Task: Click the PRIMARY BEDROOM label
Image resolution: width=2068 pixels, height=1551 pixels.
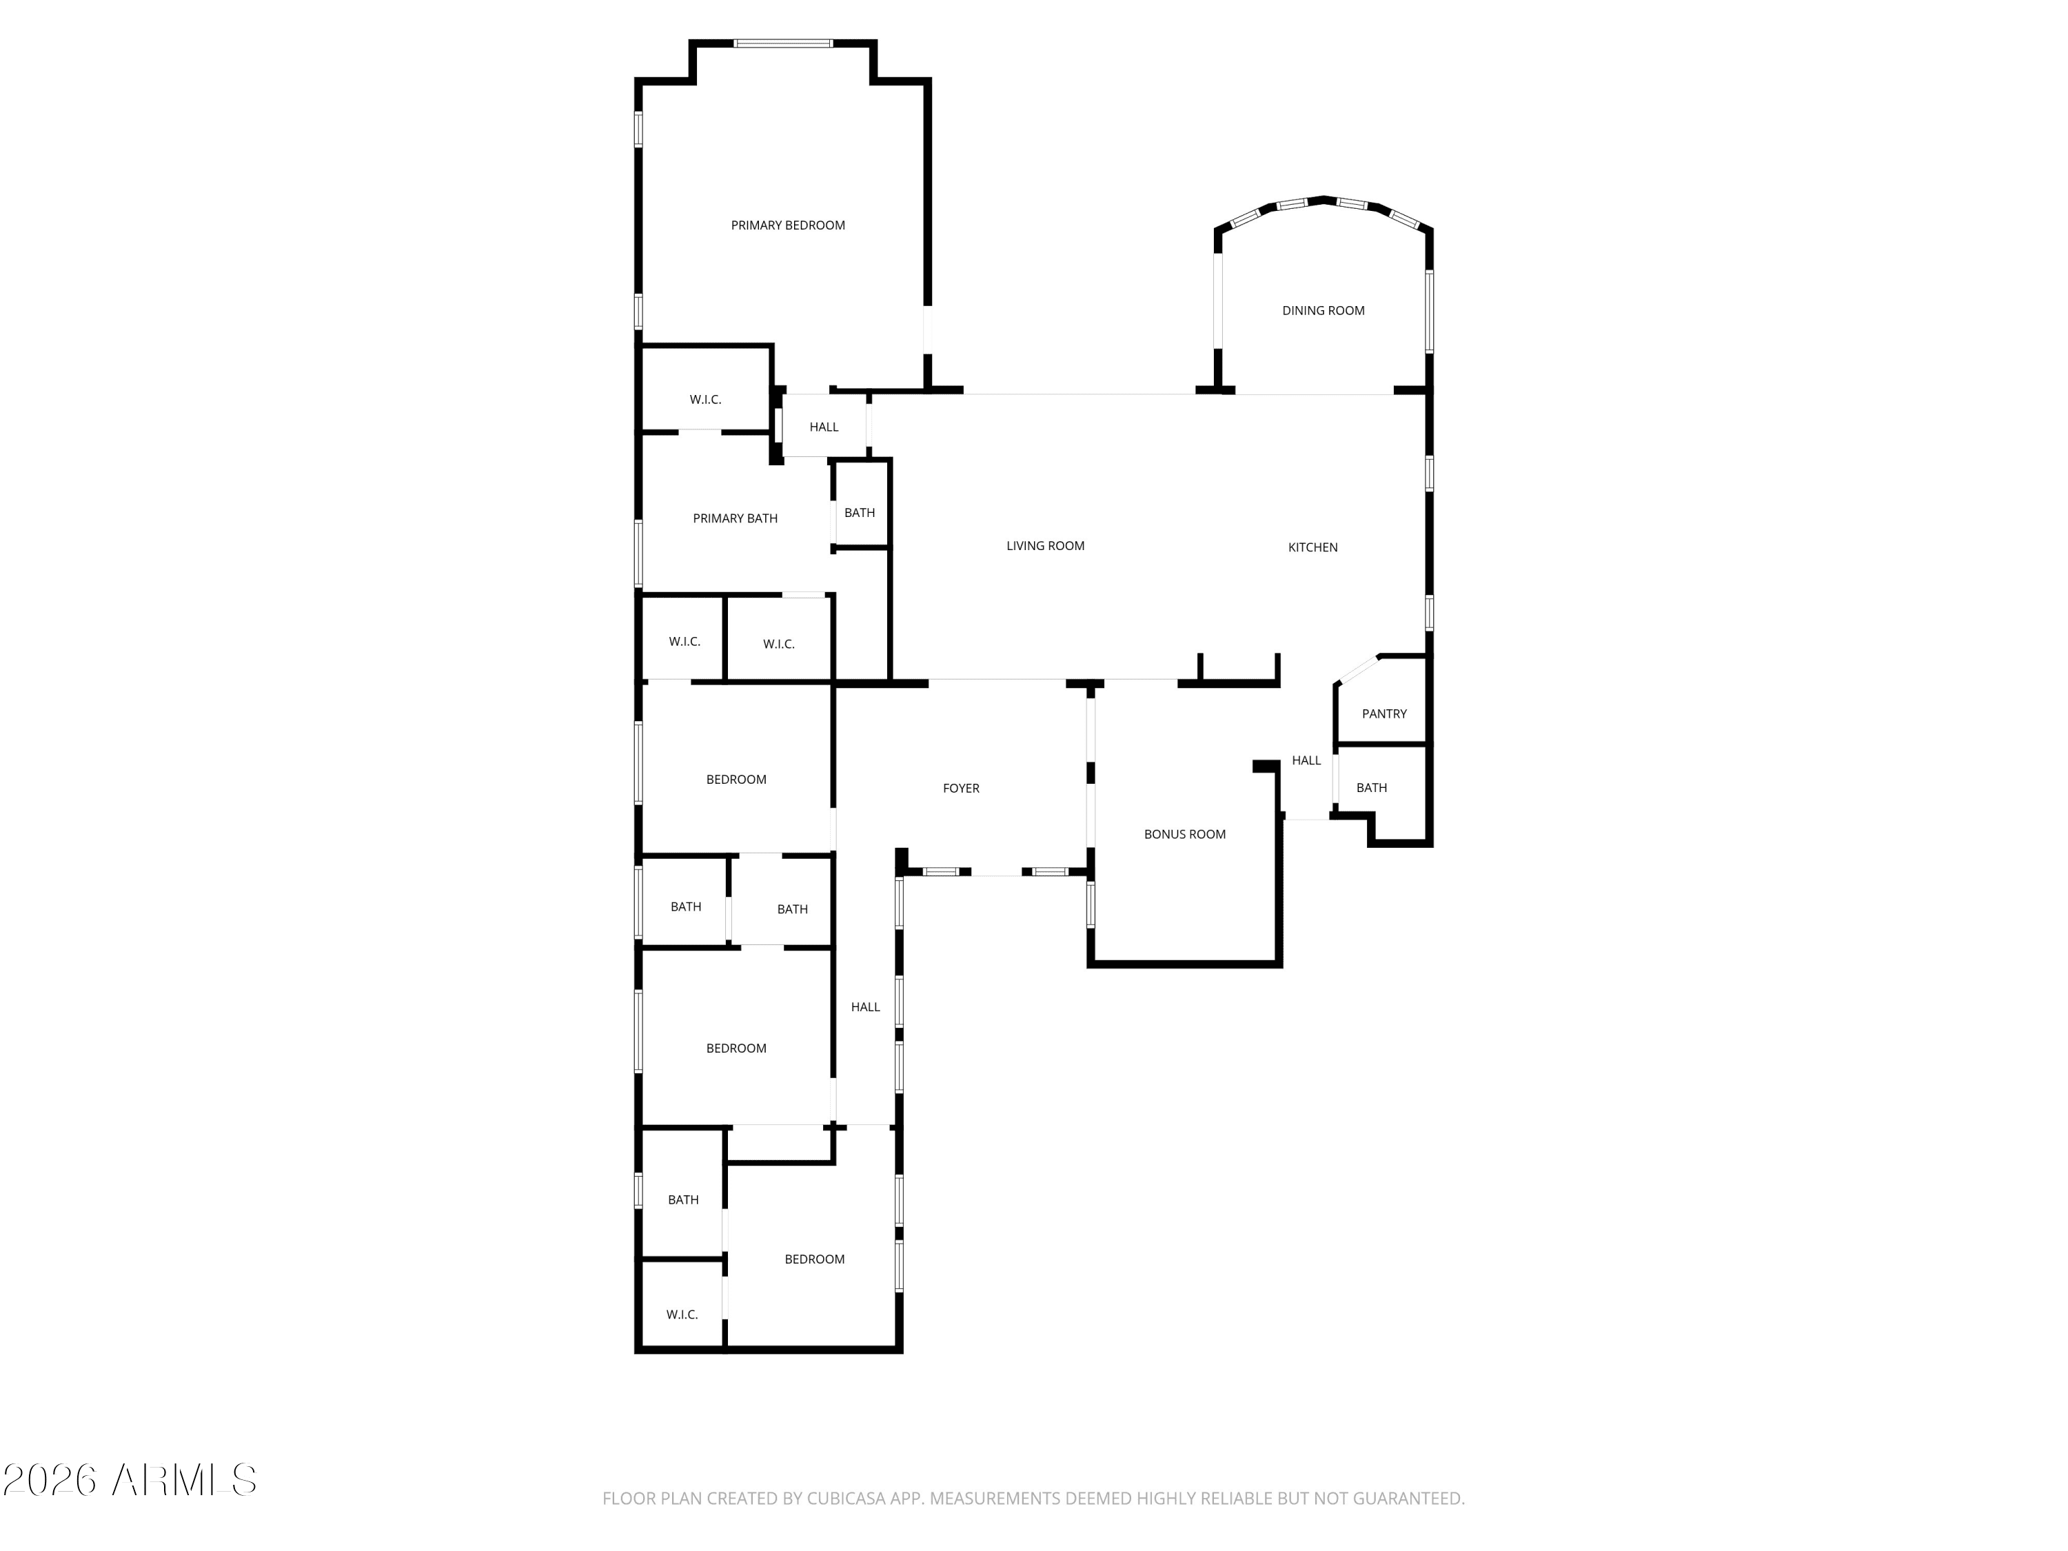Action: [787, 225]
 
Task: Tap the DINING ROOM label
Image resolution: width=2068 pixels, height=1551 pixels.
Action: [1322, 310]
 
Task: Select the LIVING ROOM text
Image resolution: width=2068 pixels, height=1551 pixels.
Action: [1044, 546]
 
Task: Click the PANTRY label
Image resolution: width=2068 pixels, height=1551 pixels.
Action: [1383, 714]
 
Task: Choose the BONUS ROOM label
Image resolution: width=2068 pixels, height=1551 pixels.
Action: [1184, 835]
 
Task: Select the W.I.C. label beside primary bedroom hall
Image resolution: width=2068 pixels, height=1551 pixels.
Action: [705, 400]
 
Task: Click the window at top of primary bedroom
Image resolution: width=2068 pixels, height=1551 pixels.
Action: [782, 43]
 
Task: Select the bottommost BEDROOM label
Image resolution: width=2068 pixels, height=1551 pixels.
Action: [813, 1259]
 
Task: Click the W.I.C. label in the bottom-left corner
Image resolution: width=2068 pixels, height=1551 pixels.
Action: [682, 1315]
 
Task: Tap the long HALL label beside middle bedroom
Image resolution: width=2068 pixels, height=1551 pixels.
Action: [865, 1007]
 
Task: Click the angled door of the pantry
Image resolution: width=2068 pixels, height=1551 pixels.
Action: [1357, 669]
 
